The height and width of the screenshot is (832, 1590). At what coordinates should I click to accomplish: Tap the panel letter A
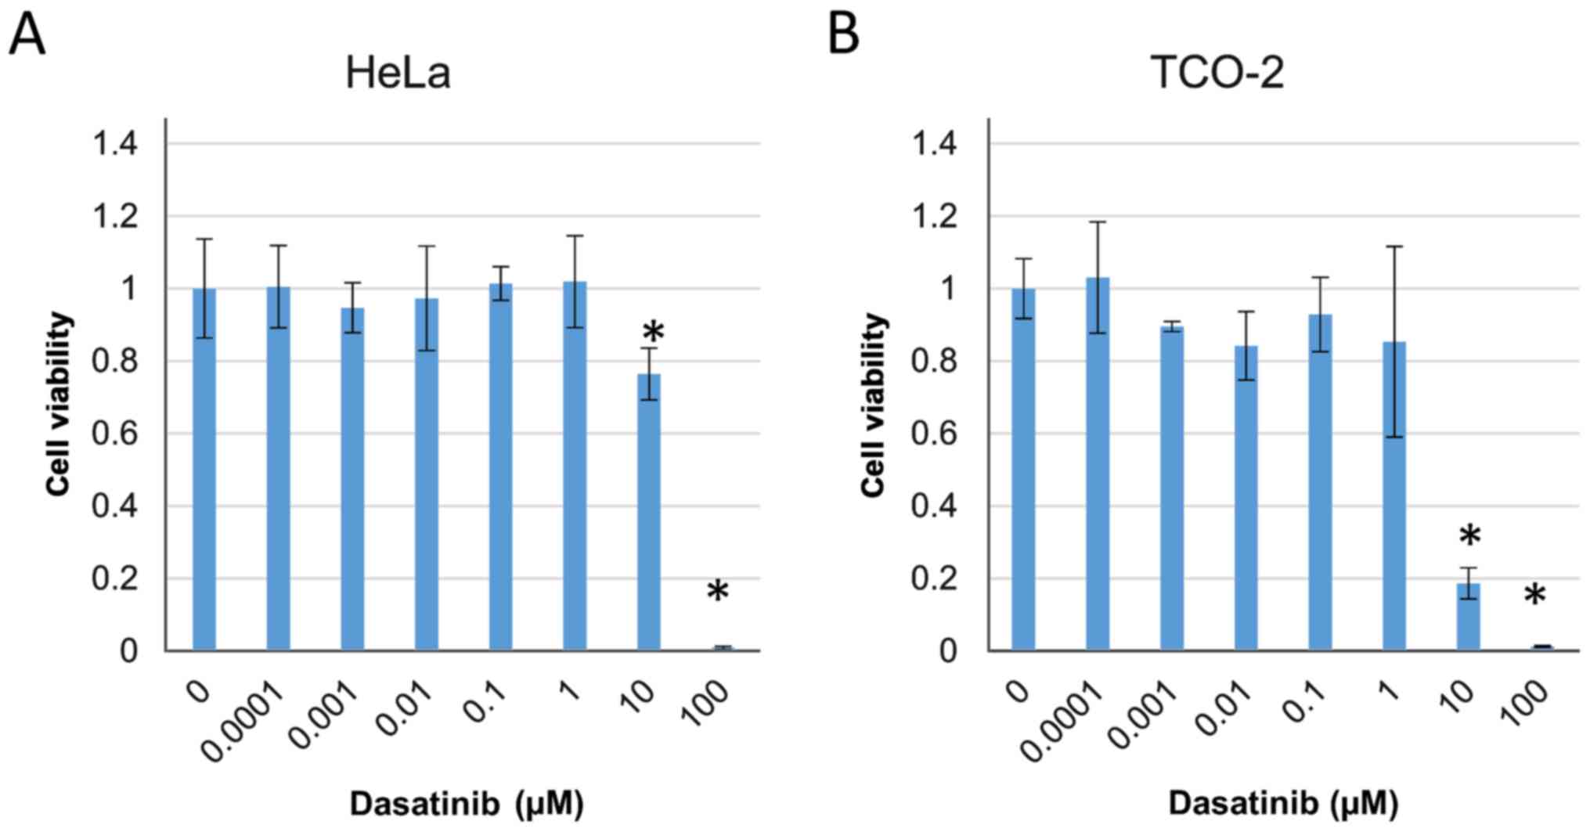(27, 35)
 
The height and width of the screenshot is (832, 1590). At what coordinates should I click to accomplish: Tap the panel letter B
(843, 35)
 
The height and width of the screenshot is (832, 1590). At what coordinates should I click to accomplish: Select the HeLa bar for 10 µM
(648, 512)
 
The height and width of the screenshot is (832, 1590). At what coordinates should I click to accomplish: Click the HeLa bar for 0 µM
(204, 470)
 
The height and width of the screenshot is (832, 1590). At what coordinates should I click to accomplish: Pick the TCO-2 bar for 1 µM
(1394, 496)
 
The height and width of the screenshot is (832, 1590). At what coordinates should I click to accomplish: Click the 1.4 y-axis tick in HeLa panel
(115, 144)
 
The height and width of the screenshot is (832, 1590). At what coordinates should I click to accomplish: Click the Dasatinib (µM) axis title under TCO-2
(1283, 804)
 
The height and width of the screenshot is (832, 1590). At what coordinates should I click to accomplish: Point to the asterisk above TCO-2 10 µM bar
(1470, 538)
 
